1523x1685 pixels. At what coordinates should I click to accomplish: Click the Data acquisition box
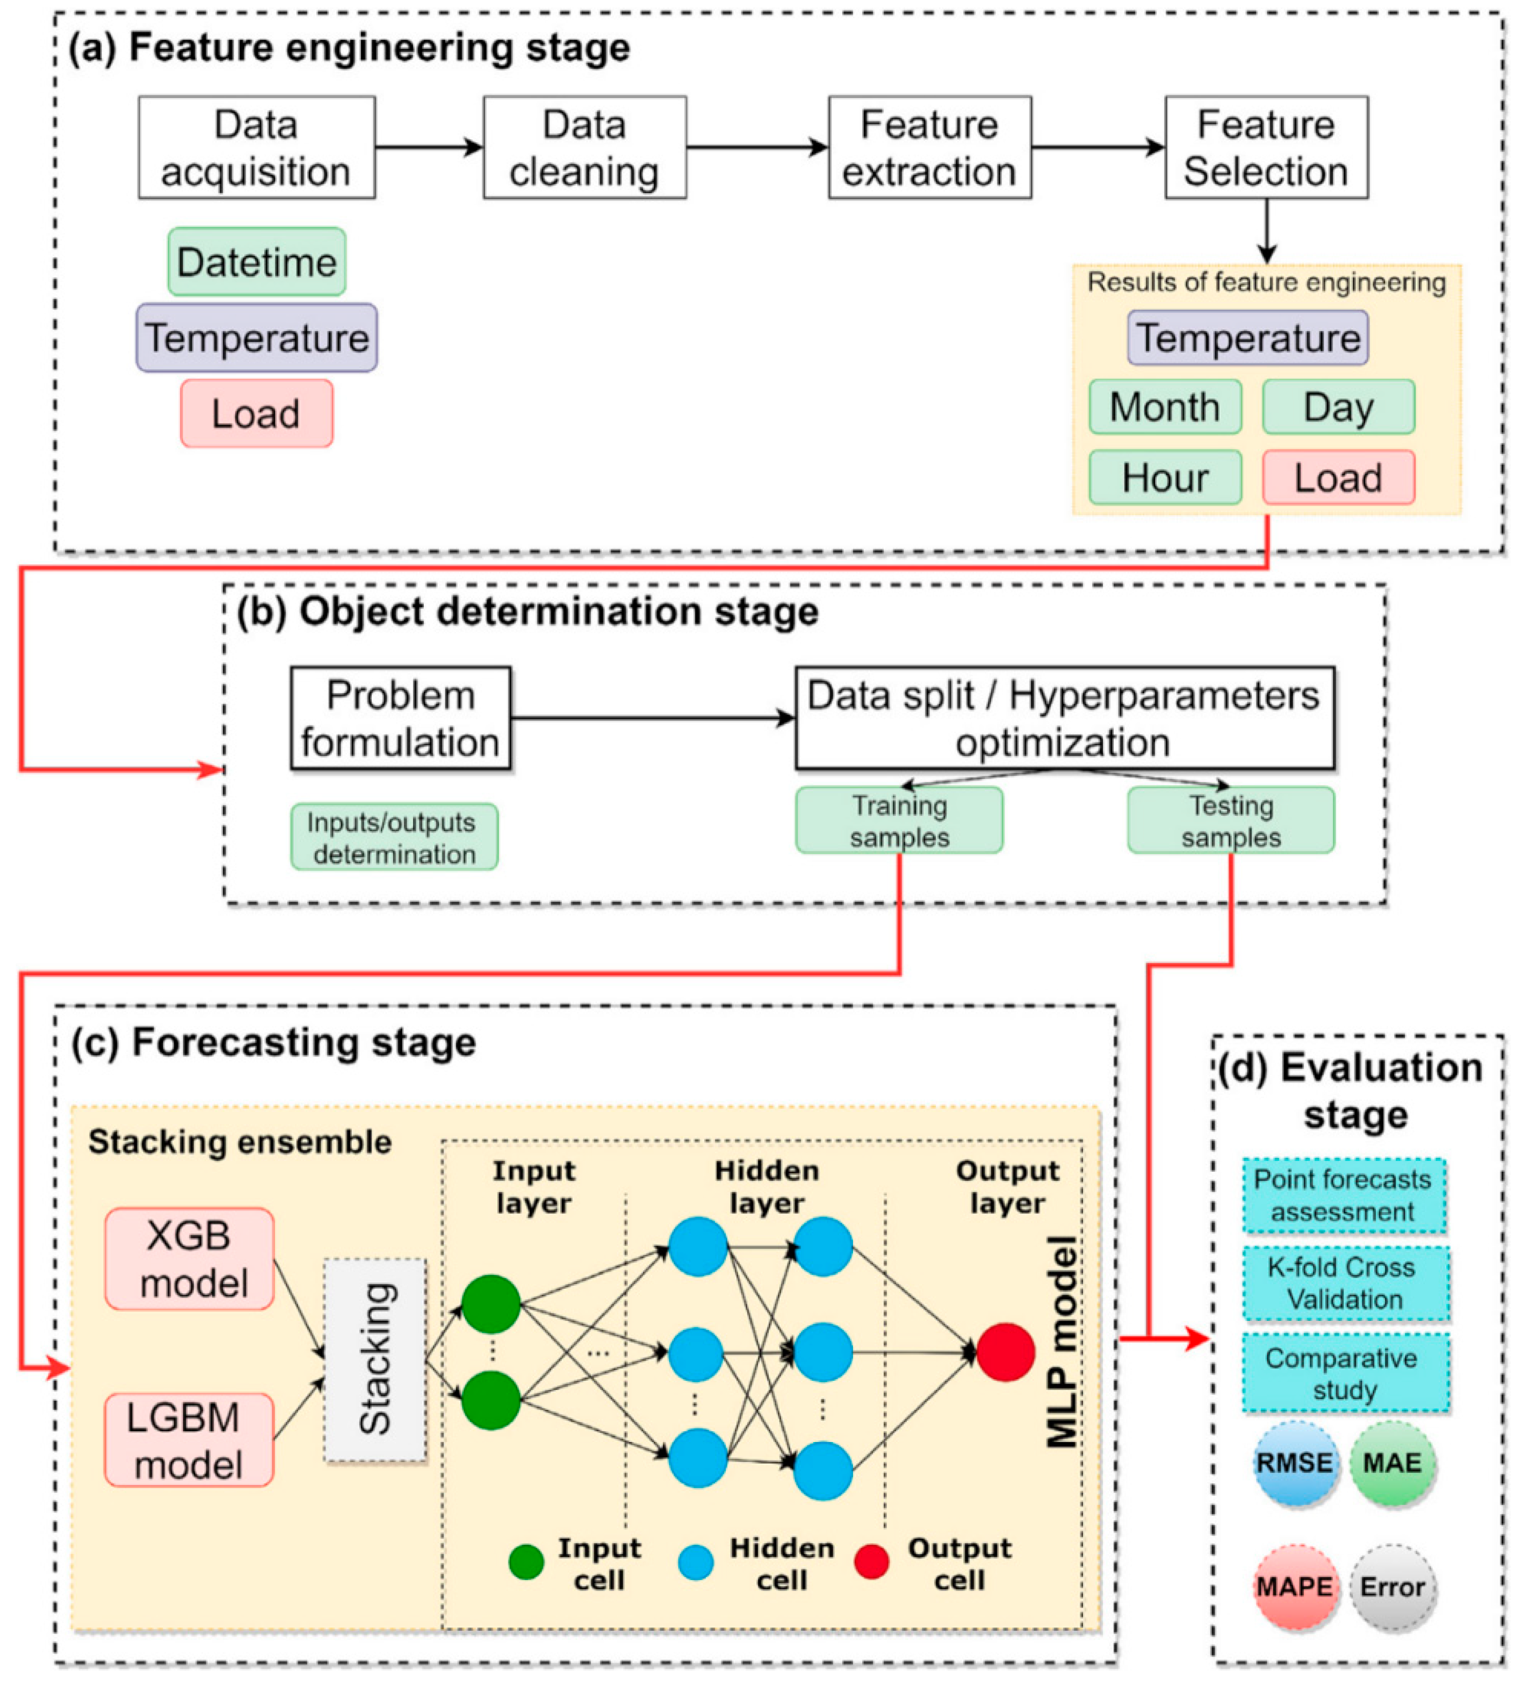[x=256, y=147]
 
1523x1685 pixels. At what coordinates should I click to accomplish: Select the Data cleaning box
[x=584, y=147]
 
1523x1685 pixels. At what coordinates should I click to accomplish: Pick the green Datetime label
[x=256, y=262]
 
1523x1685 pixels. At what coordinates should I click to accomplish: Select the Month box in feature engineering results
[x=1164, y=407]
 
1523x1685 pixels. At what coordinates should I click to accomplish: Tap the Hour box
[x=1164, y=477]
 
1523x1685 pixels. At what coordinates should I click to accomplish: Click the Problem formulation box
[x=400, y=718]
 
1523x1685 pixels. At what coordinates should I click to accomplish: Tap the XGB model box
[x=190, y=1258]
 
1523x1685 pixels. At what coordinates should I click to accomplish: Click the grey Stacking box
[x=374, y=1359]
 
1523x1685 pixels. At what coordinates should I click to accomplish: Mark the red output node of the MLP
[x=1005, y=1351]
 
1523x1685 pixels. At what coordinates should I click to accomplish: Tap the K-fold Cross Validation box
[x=1344, y=1283]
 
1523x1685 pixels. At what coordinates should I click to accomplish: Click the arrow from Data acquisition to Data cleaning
[x=428, y=147]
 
